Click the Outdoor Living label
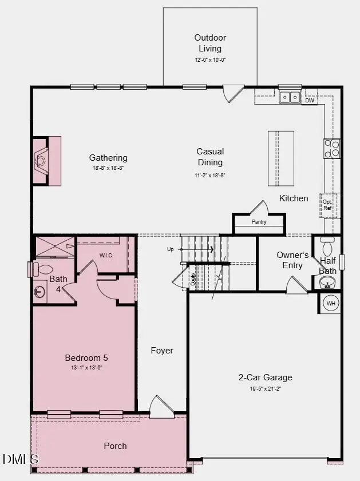pos(207,43)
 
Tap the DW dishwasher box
pos(310,101)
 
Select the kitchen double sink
pos(290,98)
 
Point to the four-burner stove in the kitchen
pos(332,149)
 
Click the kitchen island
pos(280,158)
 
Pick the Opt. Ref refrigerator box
pos(327,205)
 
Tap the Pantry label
pos(259,222)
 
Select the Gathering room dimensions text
pos(108,169)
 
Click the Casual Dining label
pos(210,157)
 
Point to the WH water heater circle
pos(331,303)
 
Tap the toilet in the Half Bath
pos(327,247)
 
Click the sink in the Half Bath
pos(327,282)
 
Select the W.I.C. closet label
pos(106,255)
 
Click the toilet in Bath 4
pos(43,269)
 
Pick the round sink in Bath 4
pos(39,292)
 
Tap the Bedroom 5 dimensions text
pos(86,368)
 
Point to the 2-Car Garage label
pos(265,377)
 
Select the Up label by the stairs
pos(170,249)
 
